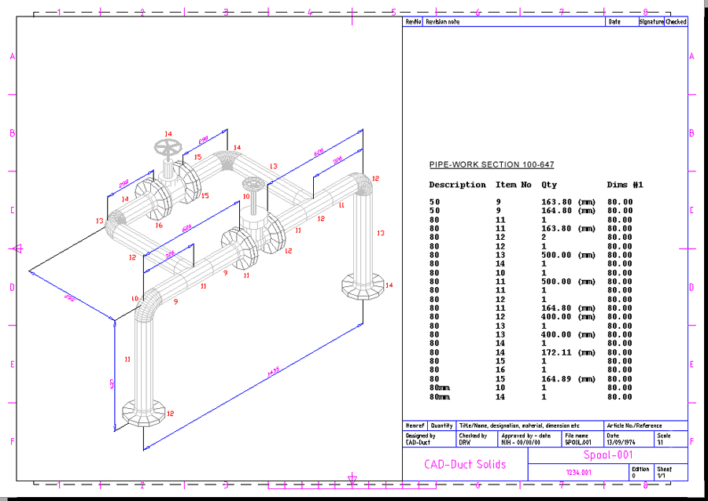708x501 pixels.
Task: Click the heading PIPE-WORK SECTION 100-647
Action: [491, 164]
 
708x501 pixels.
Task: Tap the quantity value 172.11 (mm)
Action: [568, 352]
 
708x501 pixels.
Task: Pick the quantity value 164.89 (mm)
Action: [568, 379]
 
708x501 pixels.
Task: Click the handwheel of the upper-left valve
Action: [167, 147]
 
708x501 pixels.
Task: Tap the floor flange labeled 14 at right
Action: [363, 286]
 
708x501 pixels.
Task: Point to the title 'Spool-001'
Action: [607, 455]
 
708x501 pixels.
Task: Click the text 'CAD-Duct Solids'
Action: [465, 464]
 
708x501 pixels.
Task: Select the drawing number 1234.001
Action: [578, 473]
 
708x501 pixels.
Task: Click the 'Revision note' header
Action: [442, 22]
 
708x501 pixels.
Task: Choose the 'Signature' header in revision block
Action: [651, 22]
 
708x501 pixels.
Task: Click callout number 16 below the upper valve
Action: [159, 226]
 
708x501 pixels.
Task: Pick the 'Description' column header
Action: [457, 185]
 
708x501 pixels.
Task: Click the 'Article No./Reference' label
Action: [634, 425]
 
